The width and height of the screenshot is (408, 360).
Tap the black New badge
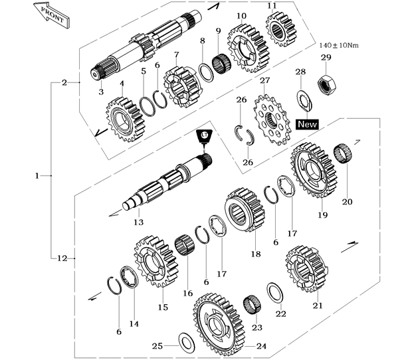307,124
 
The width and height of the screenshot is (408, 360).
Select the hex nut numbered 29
326,83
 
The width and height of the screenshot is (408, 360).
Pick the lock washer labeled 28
304,99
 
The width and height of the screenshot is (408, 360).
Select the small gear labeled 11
280,30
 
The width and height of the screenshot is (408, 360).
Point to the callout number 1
37,175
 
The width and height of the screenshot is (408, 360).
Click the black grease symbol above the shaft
203,136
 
